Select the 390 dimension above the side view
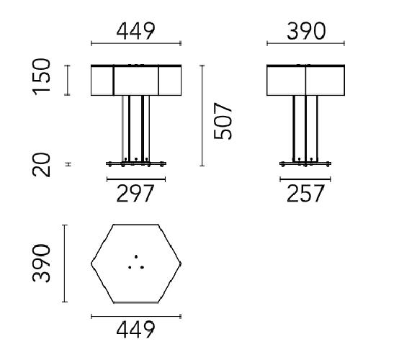tap(306, 31)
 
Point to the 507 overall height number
tap(224, 120)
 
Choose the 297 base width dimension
tap(135, 194)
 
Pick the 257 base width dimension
tap(306, 194)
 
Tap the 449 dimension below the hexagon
tap(135, 329)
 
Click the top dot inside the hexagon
tap(135, 256)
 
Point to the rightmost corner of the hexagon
tap(180, 263)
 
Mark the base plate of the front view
tap(135, 163)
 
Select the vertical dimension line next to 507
tap(202, 115)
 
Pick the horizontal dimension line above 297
tap(135, 177)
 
